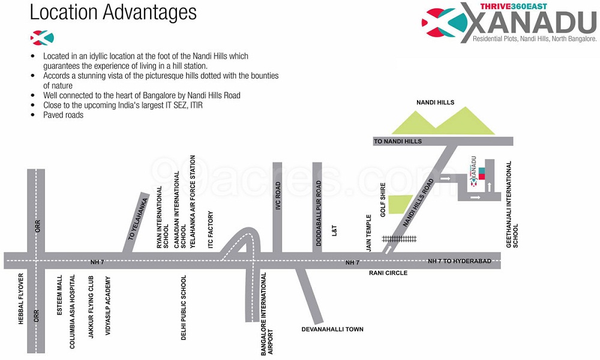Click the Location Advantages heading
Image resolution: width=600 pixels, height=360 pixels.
click(113, 13)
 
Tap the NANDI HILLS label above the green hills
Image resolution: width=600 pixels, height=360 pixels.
click(435, 103)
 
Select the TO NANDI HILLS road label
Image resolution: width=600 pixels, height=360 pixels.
click(398, 141)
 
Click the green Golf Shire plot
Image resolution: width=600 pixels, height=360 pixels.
click(399, 204)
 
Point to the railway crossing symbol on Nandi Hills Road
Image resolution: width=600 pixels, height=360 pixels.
click(399, 239)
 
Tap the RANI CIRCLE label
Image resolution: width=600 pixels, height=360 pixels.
click(388, 273)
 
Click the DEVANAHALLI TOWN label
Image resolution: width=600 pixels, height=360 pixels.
click(332, 329)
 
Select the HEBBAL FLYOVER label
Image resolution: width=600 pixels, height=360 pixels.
click(21, 299)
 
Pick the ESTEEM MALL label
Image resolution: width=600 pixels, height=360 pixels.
click(59, 295)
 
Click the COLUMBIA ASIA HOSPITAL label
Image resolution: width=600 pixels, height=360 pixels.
click(73, 311)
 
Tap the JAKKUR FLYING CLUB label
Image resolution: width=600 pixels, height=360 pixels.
click(91, 307)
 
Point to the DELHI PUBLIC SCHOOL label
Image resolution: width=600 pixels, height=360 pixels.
click(184, 308)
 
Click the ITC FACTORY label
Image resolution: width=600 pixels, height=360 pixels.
click(211, 230)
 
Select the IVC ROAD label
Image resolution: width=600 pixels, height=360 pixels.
click(278, 196)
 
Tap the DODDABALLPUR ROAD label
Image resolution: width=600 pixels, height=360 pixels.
click(319, 214)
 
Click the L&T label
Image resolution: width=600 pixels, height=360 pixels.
click(334, 230)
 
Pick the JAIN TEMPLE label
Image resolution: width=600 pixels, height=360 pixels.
click(369, 233)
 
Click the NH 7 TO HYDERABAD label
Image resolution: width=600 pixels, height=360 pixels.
click(459, 261)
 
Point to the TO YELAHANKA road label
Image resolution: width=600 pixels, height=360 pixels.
click(138, 219)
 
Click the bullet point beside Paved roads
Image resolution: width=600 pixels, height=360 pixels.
click(33, 115)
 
